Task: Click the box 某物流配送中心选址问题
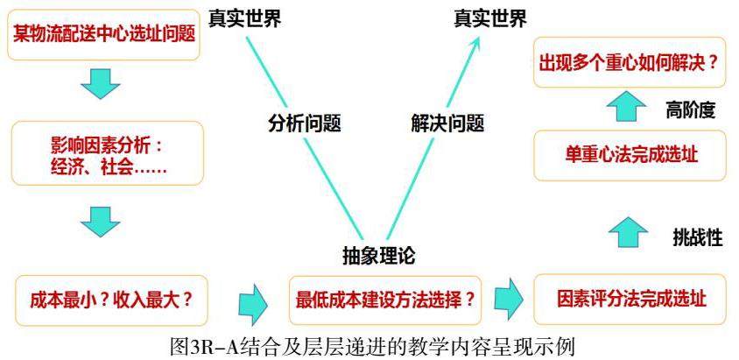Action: pyautogui.click(x=104, y=34)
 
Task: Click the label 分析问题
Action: pyautogui.click(x=304, y=124)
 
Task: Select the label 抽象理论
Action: pyautogui.click(x=377, y=256)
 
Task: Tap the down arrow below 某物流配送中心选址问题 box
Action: pyautogui.click(x=100, y=82)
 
